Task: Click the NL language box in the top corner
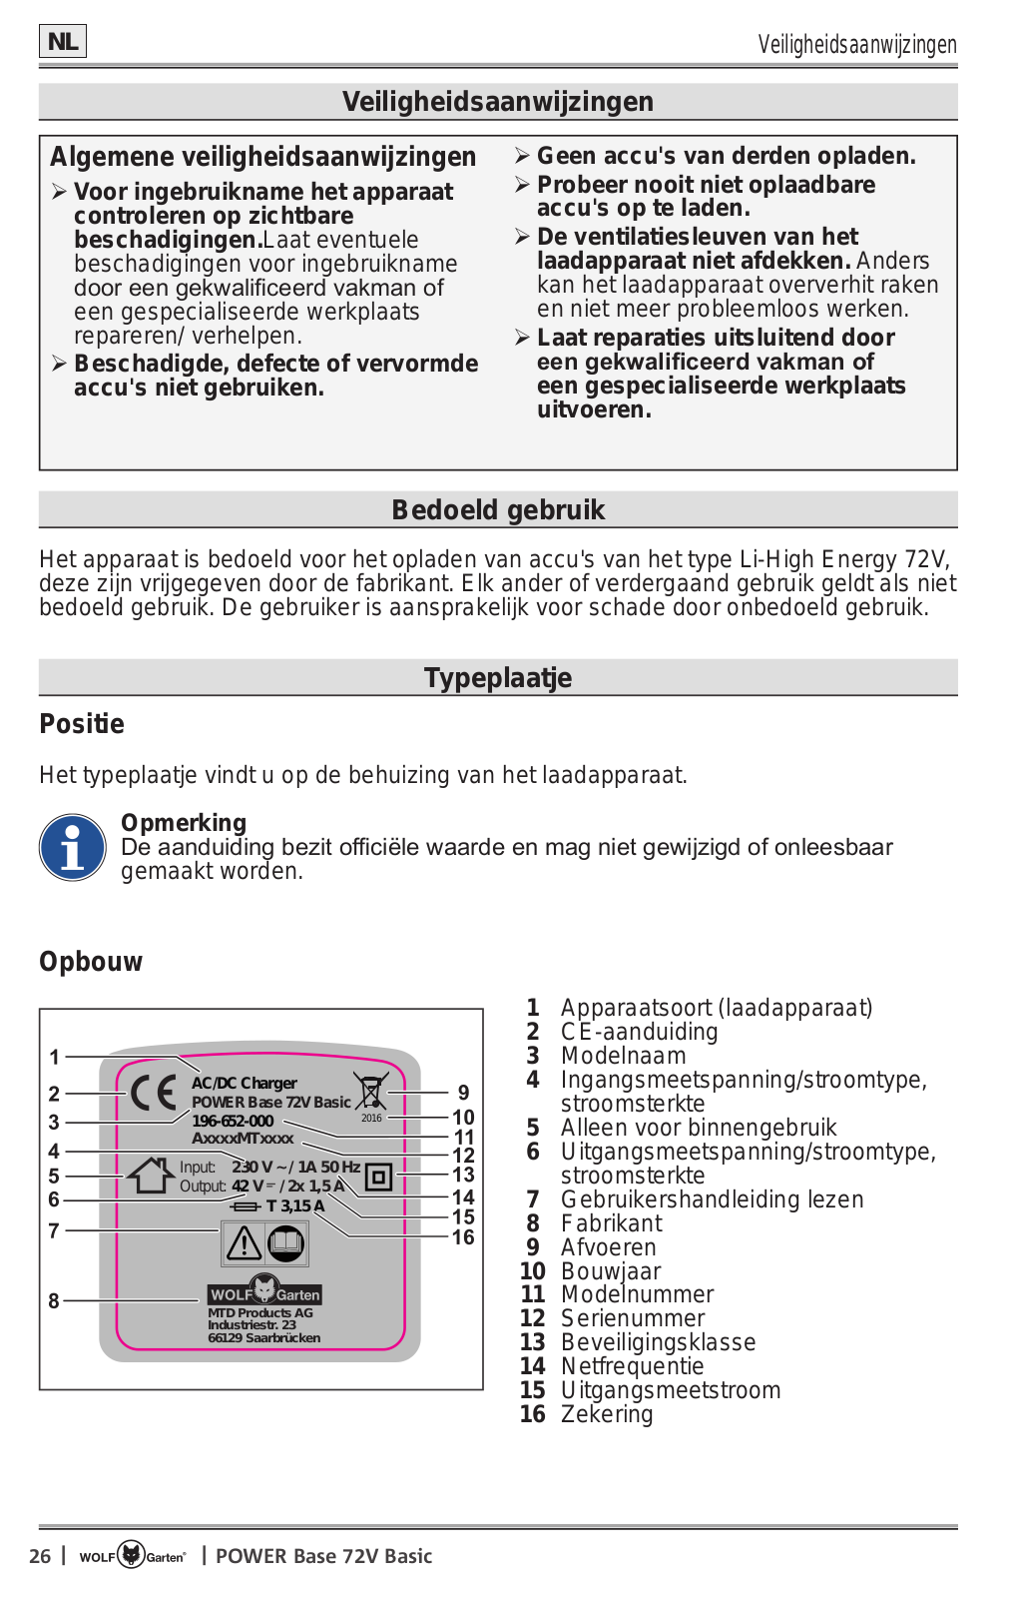click(x=63, y=42)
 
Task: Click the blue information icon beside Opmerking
click(x=72, y=848)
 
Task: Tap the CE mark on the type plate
click(x=155, y=1094)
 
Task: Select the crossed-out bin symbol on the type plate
click(x=370, y=1091)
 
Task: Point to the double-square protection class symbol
click(x=378, y=1177)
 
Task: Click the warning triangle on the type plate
click(x=244, y=1243)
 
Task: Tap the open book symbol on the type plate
click(x=286, y=1243)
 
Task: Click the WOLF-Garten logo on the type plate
click(x=264, y=1292)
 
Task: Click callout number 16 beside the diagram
click(x=463, y=1237)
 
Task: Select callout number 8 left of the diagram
click(x=54, y=1300)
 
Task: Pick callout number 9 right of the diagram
click(x=463, y=1093)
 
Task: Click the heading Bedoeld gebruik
click(x=498, y=510)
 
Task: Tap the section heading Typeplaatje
click(x=498, y=678)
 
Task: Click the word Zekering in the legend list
click(x=607, y=1414)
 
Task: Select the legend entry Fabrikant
click(x=611, y=1223)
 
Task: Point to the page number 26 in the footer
click(x=40, y=1556)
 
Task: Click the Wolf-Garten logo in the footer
click(x=133, y=1555)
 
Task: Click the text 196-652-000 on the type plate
click(x=233, y=1121)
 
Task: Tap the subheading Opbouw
click(x=91, y=962)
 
